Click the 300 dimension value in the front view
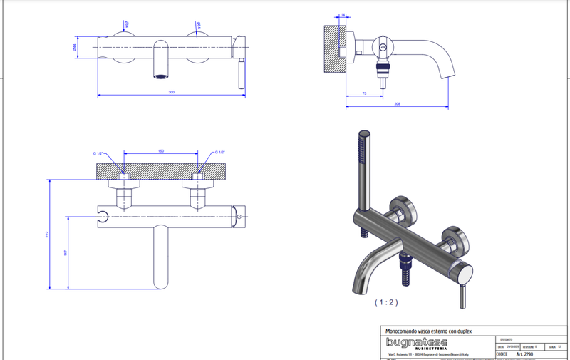(x=171, y=92)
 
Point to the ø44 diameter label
(x=75, y=47)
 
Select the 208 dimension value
(x=396, y=104)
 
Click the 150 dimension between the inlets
(x=161, y=151)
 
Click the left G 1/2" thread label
(x=98, y=153)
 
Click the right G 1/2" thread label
(x=219, y=153)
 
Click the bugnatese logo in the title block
(x=417, y=345)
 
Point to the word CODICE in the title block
(x=501, y=354)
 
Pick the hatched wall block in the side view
(x=333, y=49)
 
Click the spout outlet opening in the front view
(x=162, y=75)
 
